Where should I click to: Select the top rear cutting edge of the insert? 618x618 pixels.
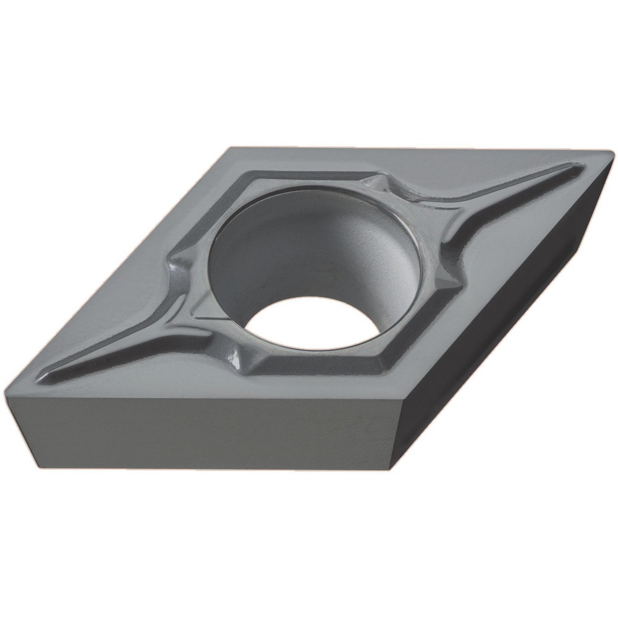[420, 148]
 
